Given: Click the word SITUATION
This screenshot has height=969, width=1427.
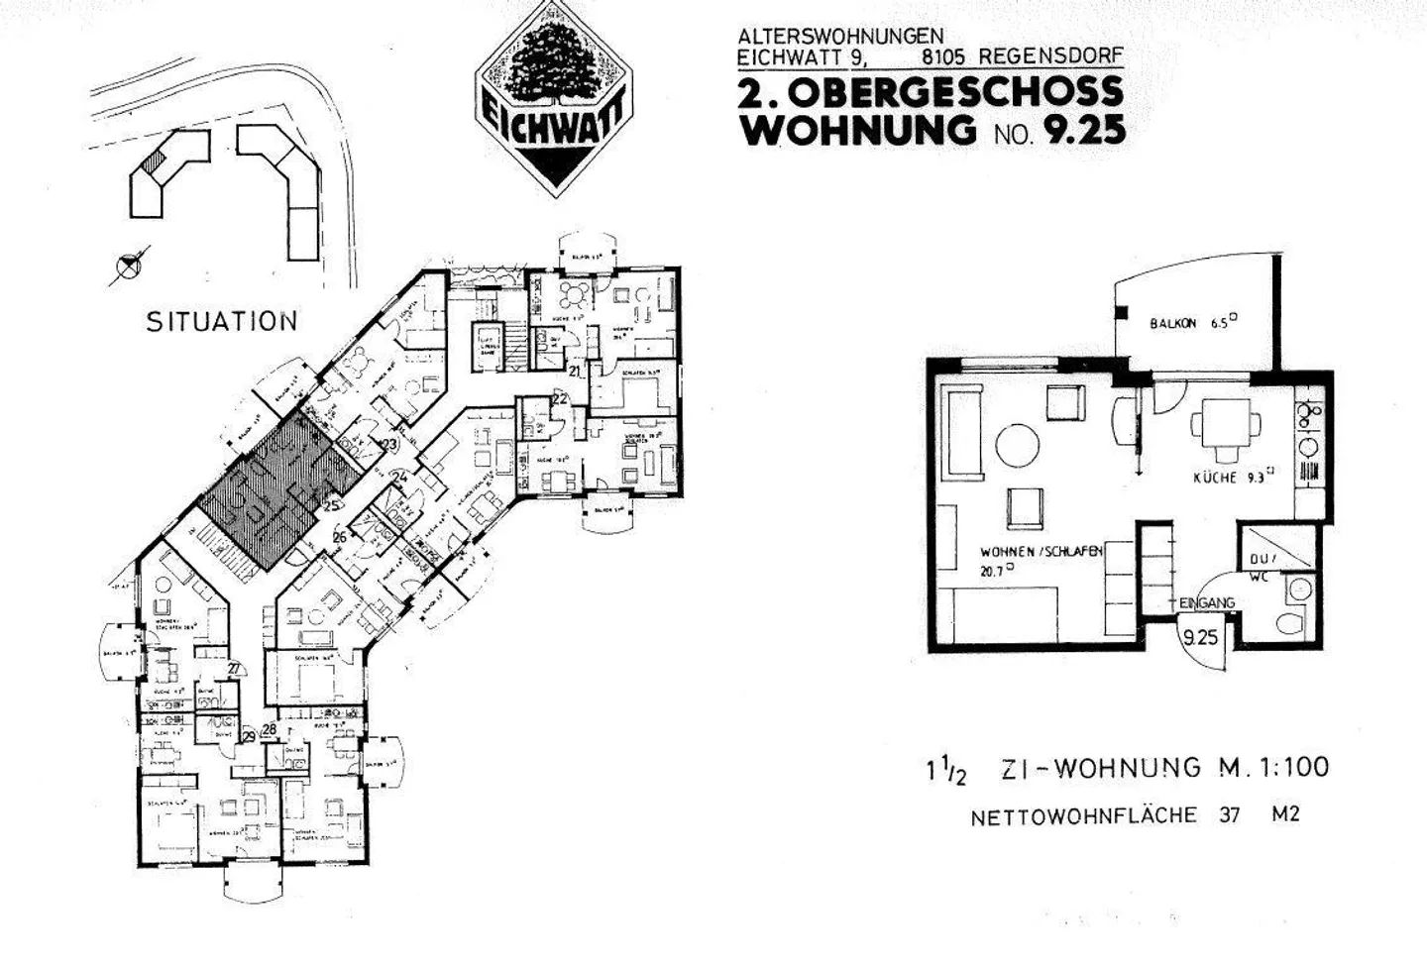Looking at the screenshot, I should (x=222, y=322).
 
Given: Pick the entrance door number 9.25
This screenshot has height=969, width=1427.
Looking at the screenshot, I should (x=1200, y=638).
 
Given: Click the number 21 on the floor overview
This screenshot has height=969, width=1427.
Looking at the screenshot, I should (x=577, y=372).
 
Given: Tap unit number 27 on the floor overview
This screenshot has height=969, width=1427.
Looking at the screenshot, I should (x=234, y=669).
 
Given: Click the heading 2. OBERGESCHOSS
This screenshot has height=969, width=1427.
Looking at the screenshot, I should (x=931, y=93).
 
